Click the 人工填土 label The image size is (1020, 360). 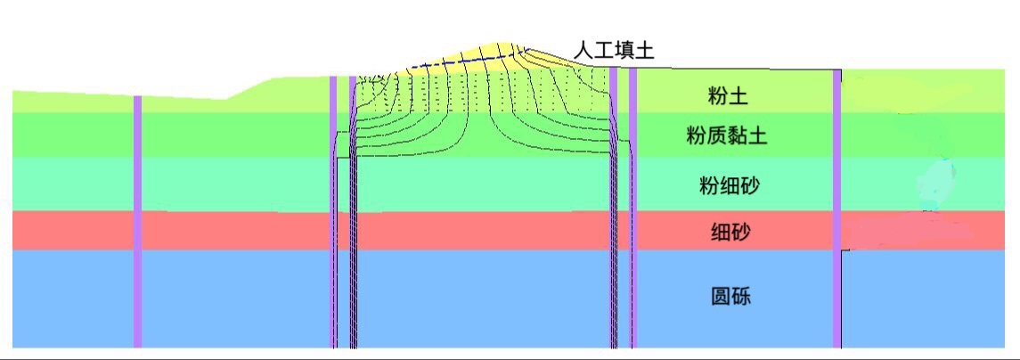tap(614, 50)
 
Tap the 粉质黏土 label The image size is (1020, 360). tap(727, 136)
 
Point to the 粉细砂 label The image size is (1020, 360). tap(729, 186)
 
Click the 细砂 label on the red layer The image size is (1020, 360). tap(730, 233)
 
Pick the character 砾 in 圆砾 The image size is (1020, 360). tap(741, 296)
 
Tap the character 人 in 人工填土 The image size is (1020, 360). tap(583, 50)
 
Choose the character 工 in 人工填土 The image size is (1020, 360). tap(604, 50)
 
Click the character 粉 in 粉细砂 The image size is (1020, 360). tap(709, 186)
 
